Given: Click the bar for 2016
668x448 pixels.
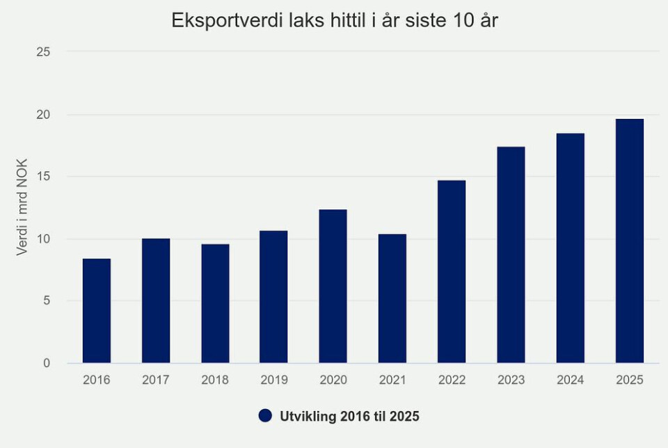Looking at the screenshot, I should point(97,311).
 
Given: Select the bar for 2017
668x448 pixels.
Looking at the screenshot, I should point(156,301).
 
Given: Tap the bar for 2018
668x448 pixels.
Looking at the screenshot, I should point(215,303).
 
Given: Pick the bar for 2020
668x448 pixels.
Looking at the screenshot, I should point(333,287).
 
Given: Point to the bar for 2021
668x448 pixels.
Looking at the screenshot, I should point(392,298).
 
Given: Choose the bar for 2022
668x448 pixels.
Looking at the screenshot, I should point(452,272).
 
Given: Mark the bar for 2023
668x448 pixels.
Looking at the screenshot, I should point(511,255).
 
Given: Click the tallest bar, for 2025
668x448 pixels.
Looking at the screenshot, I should point(630,241).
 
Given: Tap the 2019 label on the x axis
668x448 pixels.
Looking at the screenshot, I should point(274,380).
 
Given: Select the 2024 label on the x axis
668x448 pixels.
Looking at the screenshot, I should point(571,380).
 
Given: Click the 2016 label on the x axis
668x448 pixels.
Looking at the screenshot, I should point(97,380).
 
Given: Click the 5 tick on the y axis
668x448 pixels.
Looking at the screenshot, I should point(46,301).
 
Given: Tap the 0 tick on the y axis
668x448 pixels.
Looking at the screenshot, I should point(47,363).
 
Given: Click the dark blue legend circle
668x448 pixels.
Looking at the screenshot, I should point(265,415).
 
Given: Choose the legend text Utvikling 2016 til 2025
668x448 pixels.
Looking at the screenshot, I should point(349,416).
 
